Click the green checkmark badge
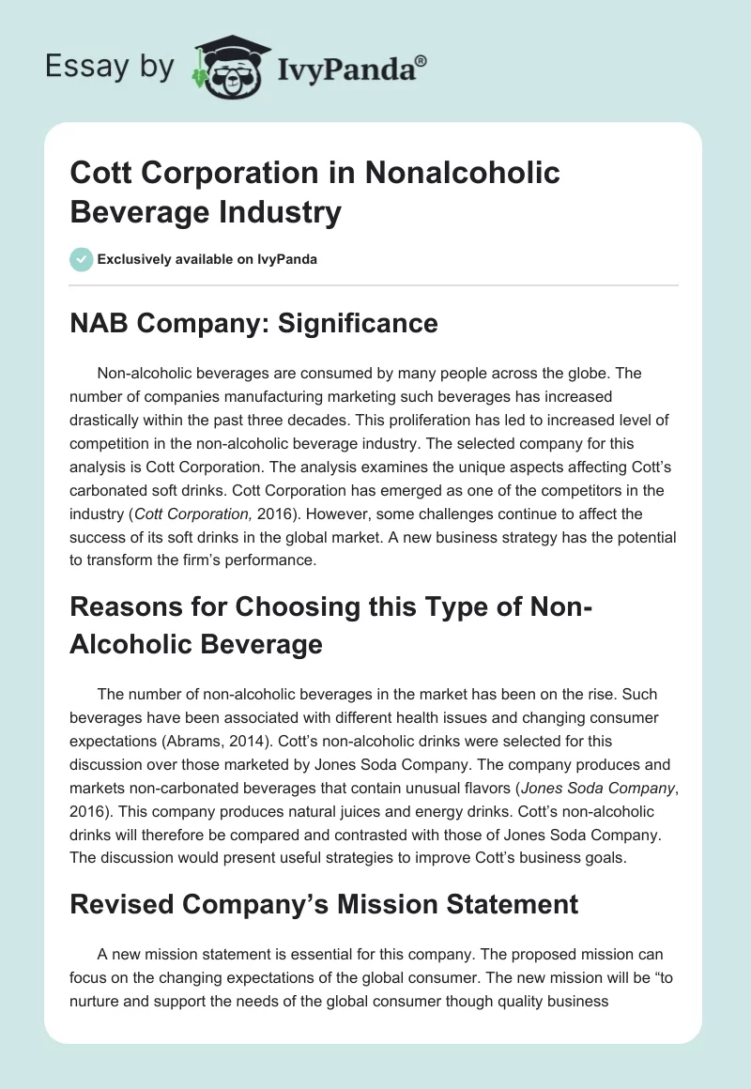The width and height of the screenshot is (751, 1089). pos(82,259)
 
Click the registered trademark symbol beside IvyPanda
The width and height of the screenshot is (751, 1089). pos(421,60)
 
